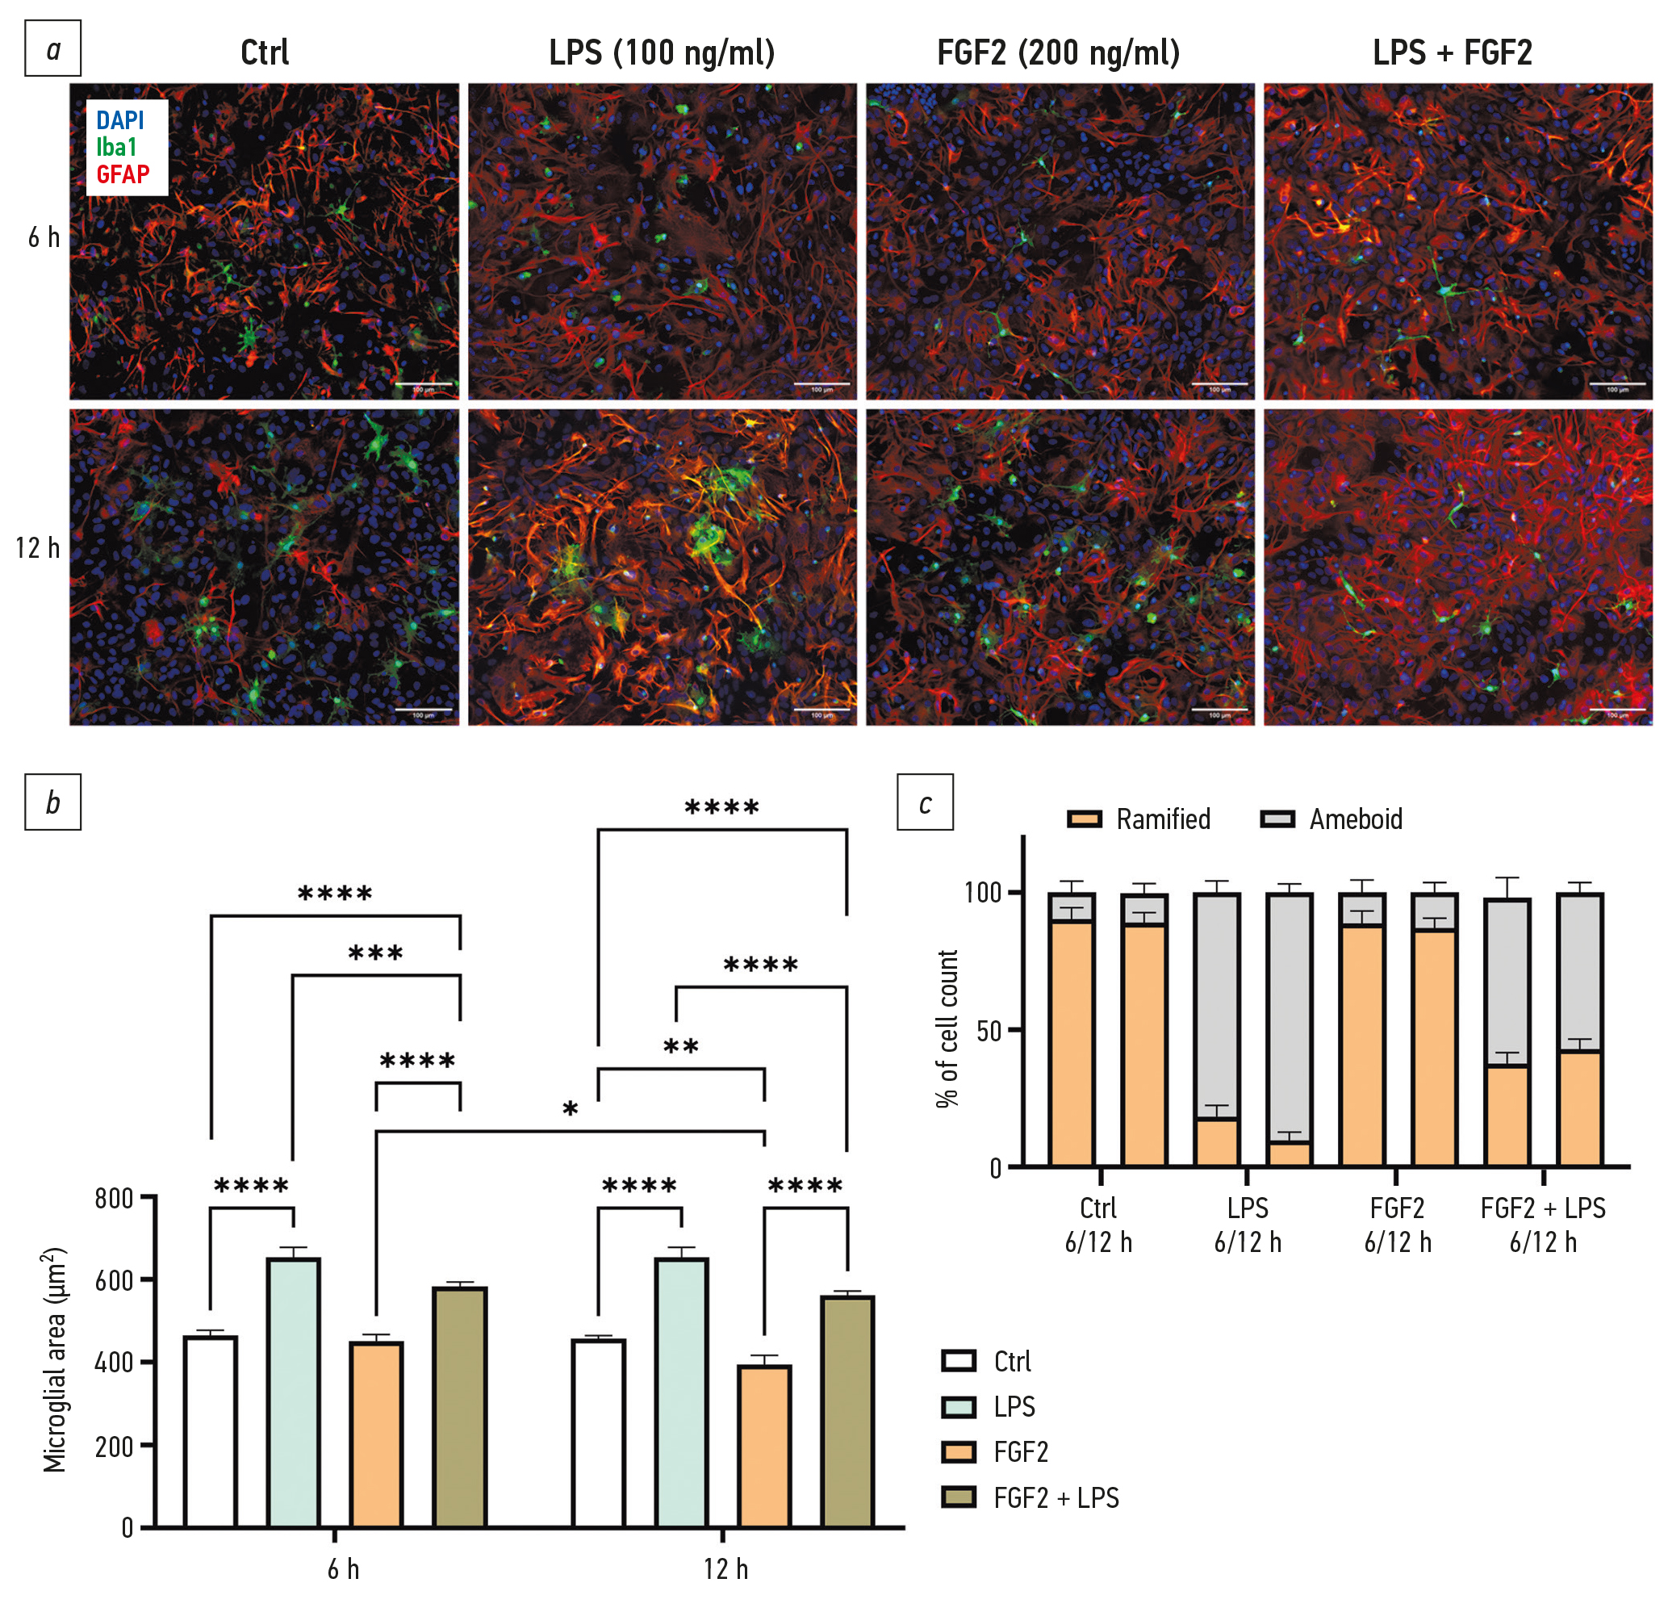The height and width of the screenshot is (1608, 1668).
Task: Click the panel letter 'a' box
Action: [52, 48]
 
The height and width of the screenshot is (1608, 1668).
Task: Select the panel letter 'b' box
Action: [52, 802]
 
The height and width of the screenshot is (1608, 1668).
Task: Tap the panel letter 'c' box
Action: [925, 802]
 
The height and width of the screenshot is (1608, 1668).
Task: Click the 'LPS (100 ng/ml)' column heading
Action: [661, 52]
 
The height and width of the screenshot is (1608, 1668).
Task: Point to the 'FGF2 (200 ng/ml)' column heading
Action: [1058, 52]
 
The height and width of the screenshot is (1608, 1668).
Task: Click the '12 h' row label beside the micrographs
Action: [38, 547]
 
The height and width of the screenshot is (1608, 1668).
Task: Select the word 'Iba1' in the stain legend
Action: [116, 147]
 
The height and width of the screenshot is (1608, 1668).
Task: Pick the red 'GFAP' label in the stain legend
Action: [123, 174]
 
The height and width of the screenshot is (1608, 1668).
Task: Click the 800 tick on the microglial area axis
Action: [114, 1199]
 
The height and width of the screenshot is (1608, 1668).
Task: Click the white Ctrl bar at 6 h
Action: [210, 1431]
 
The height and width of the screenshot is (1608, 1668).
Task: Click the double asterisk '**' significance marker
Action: [681, 1047]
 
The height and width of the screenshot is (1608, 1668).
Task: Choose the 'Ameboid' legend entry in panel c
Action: [1356, 819]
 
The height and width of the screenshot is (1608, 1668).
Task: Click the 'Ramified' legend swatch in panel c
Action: [1085, 819]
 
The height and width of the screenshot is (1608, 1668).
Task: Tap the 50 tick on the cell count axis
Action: [988, 1031]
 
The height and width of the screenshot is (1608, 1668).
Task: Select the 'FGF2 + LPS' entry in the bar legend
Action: [1056, 1498]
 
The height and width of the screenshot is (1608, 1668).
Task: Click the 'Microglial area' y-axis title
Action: [54, 1359]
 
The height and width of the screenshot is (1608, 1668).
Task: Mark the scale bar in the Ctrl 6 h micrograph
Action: [424, 384]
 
